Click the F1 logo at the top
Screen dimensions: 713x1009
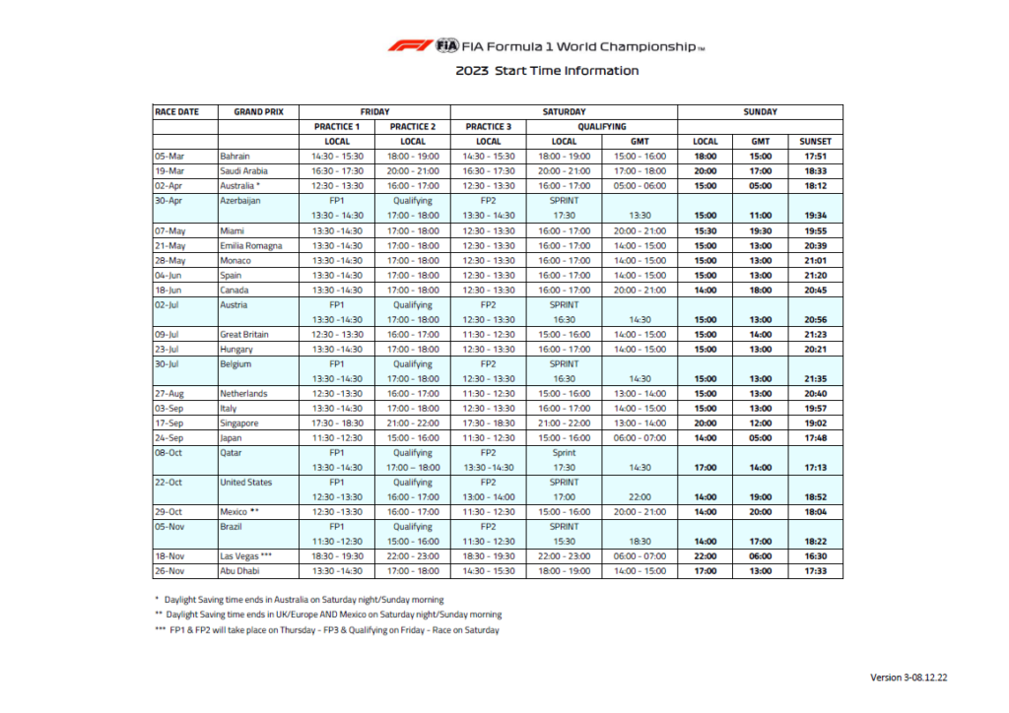(408, 45)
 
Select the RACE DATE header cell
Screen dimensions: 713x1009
(176, 112)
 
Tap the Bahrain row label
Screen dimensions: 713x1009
(235, 156)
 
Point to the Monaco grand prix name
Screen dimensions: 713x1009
(235, 260)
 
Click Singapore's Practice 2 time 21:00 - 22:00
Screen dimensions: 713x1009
(413, 422)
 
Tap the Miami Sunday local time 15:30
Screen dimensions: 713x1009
(706, 230)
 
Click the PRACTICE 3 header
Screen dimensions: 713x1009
(489, 126)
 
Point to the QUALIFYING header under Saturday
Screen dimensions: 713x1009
(601, 126)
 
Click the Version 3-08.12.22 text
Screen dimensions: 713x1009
(915, 678)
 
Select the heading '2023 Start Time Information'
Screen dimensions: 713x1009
(547, 71)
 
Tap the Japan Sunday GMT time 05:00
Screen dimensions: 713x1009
(760, 437)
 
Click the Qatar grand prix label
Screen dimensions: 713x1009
(232, 452)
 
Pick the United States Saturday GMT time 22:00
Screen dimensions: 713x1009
(639, 496)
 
